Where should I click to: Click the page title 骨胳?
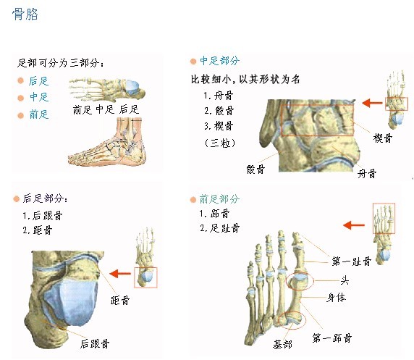tap(25, 14)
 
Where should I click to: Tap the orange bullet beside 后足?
tap(20, 80)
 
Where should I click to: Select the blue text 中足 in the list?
tap(39, 97)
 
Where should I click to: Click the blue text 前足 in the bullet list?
tap(39, 114)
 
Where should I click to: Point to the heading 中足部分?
tap(220, 61)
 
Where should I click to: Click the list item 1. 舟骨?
tap(218, 96)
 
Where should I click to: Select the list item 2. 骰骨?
tap(219, 111)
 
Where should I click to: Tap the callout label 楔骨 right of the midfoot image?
tap(383, 138)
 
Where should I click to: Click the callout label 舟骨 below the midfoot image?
tap(367, 174)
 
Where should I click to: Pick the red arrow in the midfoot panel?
tap(372, 103)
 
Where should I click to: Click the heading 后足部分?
tap(45, 198)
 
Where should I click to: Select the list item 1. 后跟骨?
tap(43, 216)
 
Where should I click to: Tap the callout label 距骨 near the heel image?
tap(120, 301)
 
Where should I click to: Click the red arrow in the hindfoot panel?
tap(120, 274)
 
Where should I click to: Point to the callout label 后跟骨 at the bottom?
tap(95, 343)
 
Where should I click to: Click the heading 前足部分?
tap(219, 198)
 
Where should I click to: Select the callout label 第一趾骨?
tap(352, 261)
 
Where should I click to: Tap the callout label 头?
tap(345, 280)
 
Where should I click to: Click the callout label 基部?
tap(282, 344)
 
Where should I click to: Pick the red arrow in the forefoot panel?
tap(354, 225)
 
